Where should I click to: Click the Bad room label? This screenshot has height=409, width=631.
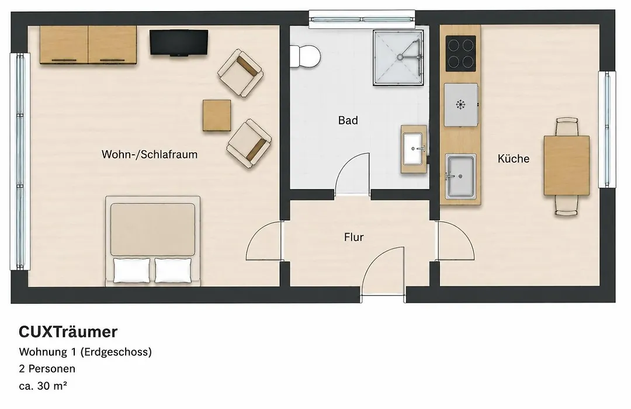pos(348,120)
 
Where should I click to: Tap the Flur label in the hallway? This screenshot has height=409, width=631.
pos(353,237)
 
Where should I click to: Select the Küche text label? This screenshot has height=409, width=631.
pos(514,158)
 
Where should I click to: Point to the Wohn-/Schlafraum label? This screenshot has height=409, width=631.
pos(150,154)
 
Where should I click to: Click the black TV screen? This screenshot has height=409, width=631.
pos(179,42)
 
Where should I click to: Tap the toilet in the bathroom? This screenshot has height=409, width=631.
pos(304,56)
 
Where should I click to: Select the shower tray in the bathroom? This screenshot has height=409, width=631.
pos(398,58)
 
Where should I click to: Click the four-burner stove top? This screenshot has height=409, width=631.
pos(461,53)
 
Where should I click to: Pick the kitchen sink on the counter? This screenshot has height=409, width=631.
pos(460,176)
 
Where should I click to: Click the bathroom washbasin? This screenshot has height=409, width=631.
pos(414,150)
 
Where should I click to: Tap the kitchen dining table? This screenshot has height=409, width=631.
pos(567,165)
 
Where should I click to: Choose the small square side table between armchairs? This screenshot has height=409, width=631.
pos(217,115)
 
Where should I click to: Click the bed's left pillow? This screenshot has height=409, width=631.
pos(131,270)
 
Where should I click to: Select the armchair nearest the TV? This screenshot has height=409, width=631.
pos(240,73)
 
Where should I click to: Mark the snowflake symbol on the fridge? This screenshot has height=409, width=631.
pos(460,105)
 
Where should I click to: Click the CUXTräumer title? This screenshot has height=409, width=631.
pos(68,332)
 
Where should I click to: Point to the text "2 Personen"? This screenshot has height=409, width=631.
pos(47,369)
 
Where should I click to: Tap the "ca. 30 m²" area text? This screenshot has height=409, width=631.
pos(43,386)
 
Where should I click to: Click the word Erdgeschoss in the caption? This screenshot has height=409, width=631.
pos(116,352)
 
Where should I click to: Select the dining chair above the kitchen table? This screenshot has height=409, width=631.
pos(567,126)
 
